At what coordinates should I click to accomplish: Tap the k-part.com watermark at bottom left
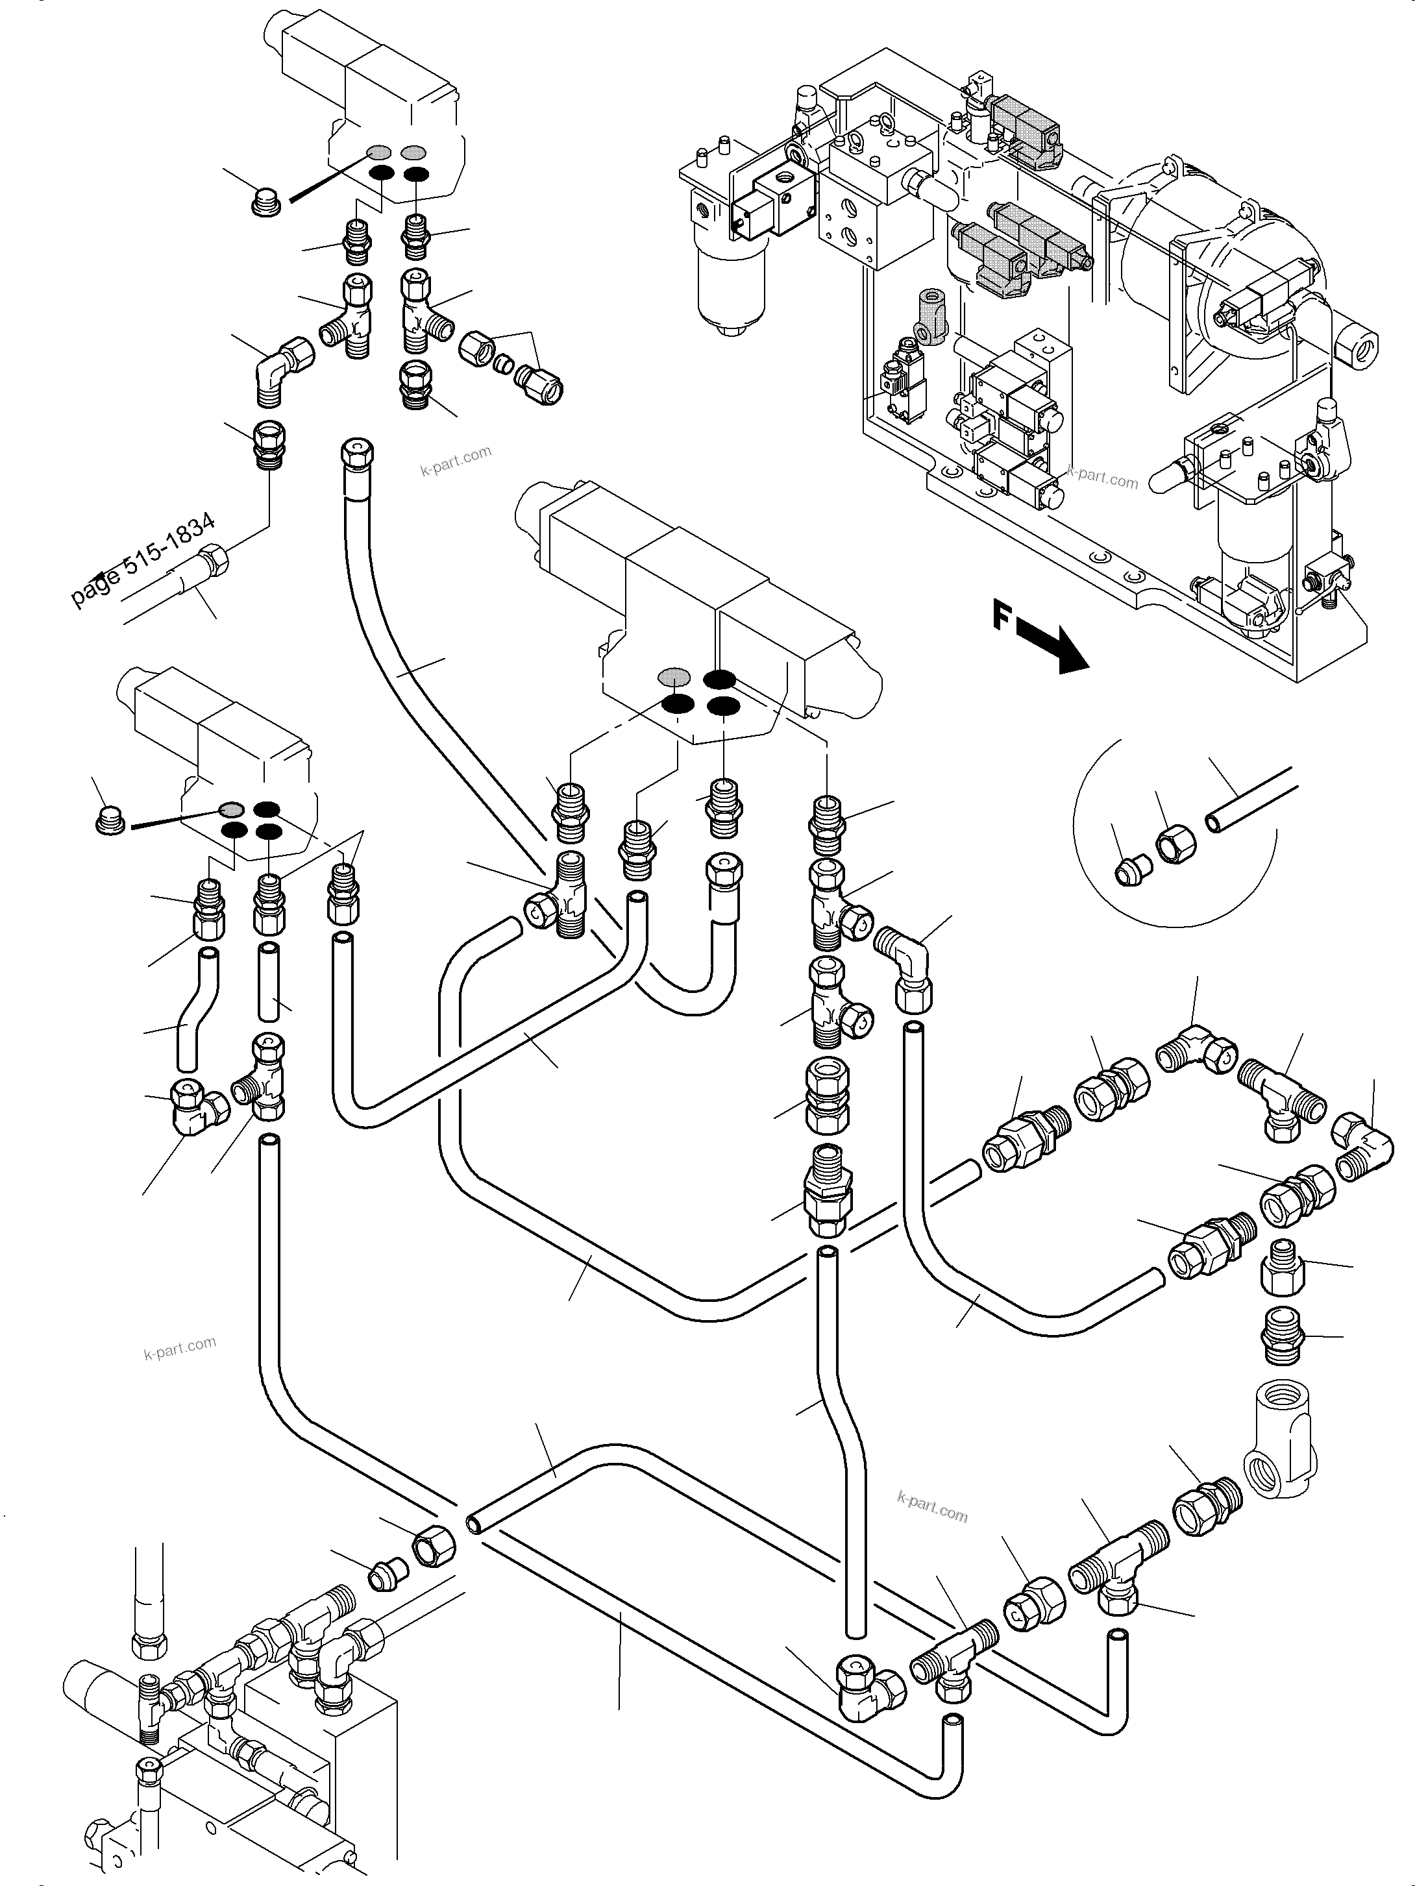click(x=180, y=1348)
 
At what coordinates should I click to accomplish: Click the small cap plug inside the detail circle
click(x=1133, y=870)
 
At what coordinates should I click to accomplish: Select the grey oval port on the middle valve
click(x=674, y=677)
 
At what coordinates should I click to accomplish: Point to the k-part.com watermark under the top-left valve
click(x=456, y=461)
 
